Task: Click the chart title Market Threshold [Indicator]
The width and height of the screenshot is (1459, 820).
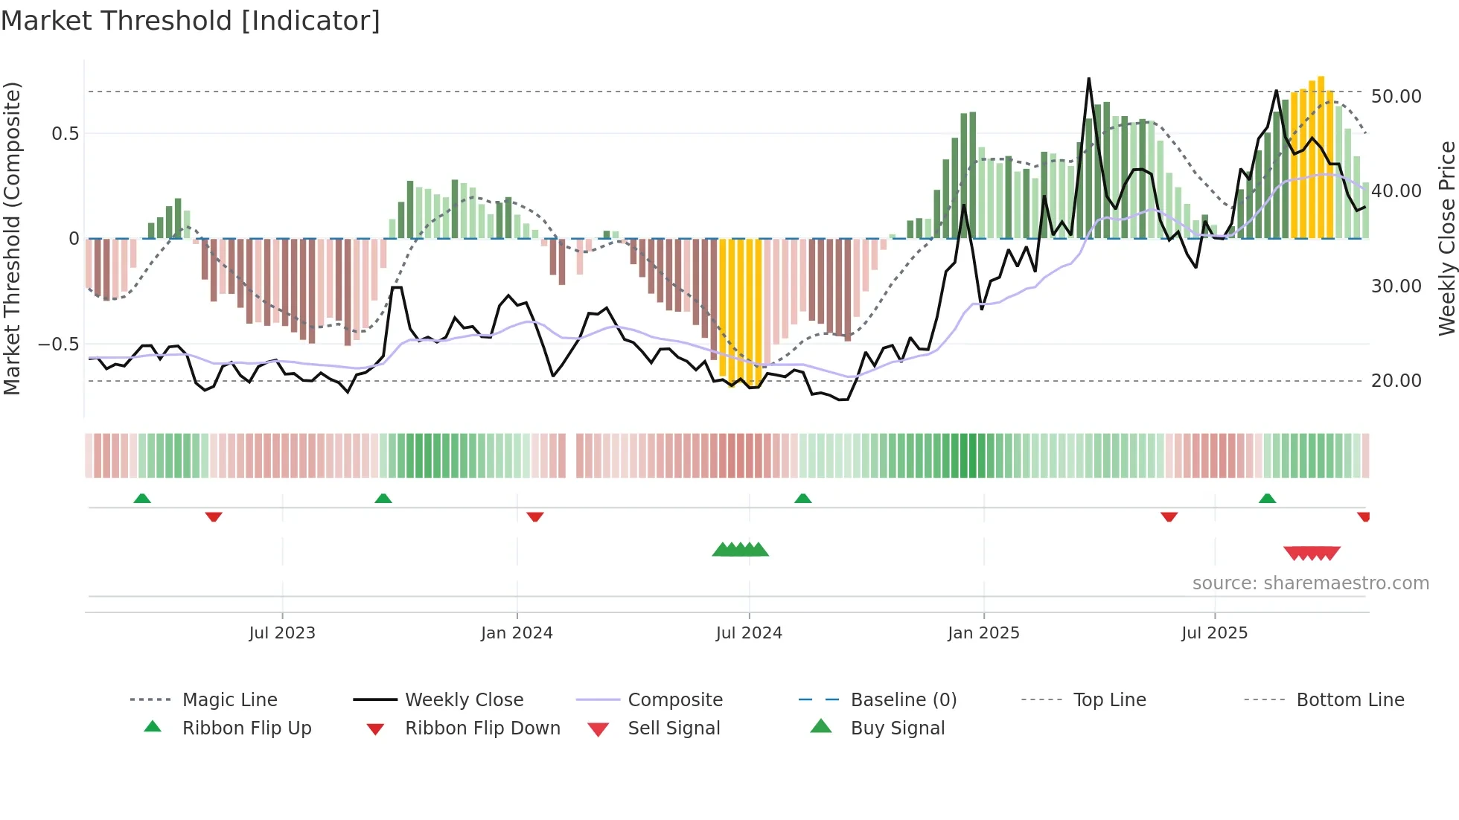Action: (x=191, y=21)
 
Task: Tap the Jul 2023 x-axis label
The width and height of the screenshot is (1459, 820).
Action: (x=282, y=633)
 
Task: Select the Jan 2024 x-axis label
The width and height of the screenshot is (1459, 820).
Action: (x=517, y=633)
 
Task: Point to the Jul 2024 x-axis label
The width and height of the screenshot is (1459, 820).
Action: (x=749, y=633)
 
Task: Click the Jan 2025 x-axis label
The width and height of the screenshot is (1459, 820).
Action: (x=983, y=633)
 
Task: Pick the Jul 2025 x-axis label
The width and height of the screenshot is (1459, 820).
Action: (x=1214, y=633)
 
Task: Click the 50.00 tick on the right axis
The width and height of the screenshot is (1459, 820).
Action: (x=1396, y=97)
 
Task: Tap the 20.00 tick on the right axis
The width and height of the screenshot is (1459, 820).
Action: (x=1396, y=381)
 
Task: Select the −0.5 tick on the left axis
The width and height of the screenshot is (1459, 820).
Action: (x=59, y=345)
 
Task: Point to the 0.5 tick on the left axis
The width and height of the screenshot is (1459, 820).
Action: (x=65, y=134)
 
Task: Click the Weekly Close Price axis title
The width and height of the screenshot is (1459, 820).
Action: (x=1446, y=238)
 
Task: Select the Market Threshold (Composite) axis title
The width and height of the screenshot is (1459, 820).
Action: (x=12, y=238)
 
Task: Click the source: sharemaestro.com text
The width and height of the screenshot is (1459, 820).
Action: (x=1310, y=583)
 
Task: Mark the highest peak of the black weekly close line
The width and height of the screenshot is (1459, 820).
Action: (x=1088, y=79)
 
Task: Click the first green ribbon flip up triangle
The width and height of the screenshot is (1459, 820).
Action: (x=142, y=499)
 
